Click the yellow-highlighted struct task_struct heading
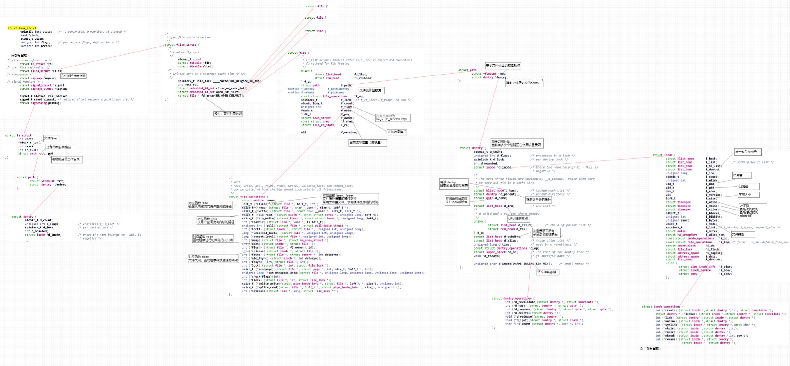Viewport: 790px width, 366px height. (22, 28)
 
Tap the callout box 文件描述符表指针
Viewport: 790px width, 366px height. (73, 76)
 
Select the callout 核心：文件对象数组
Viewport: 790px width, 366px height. (228, 114)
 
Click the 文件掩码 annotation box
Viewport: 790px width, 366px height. (51, 138)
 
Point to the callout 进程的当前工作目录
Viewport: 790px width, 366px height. (66, 160)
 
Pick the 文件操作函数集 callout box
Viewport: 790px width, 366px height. (371, 90)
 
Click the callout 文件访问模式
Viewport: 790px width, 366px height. (397, 132)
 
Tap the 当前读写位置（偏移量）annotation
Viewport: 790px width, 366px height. (367, 143)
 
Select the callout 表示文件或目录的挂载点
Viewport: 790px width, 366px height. (503, 66)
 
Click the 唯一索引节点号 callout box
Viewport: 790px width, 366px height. (747, 152)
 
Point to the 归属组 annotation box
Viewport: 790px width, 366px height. (748, 187)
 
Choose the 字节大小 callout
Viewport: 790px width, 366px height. (748, 195)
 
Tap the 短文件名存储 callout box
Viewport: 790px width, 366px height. (547, 272)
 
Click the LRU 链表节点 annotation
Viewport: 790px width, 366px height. (518, 219)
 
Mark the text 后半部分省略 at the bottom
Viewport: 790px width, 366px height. (651, 349)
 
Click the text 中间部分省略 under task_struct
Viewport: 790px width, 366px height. (19, 56)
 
